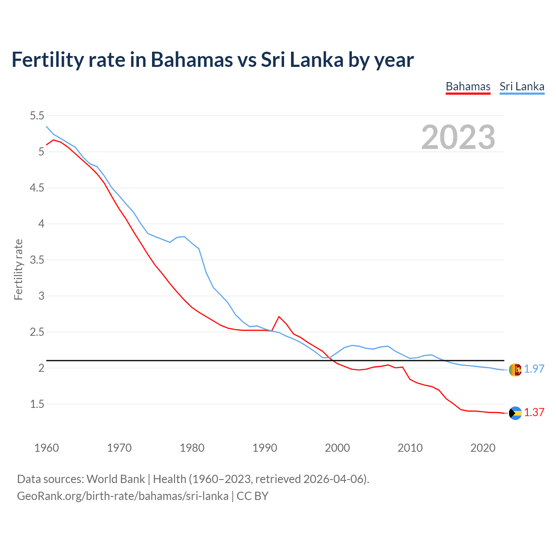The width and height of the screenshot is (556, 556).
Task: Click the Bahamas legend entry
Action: click(468, 86)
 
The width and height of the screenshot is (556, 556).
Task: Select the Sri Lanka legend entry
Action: click(522, 86)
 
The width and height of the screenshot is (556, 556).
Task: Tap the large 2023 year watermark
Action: click(458, 137)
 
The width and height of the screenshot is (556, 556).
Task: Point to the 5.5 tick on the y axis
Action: click(37, 116)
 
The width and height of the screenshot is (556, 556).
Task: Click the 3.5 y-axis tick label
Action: click(37, 260)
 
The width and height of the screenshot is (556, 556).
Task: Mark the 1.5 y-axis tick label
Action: click(37, 404)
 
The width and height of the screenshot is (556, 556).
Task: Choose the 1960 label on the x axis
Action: click(46, 448)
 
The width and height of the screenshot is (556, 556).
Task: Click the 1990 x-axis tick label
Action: click(265, 448)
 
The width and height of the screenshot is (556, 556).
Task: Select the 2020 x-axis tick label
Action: click(483, 448)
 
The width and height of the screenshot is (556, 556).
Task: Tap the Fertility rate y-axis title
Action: click(18, 269)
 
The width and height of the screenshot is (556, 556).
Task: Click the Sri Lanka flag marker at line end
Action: click(515, 370)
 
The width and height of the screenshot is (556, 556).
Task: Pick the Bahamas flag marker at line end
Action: click(515, 413)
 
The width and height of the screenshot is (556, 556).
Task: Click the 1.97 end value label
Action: click(534, 369)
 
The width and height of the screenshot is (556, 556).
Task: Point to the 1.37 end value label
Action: click(534, 412)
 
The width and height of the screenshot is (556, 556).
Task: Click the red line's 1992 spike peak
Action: click(279, 317)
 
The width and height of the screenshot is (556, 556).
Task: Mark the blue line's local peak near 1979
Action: click(185, 237)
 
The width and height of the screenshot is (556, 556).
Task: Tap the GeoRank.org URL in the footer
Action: click(122, 496)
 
